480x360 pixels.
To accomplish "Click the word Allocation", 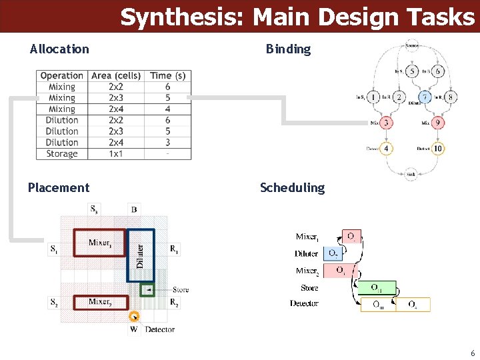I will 59,49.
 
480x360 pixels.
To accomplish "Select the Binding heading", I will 288,49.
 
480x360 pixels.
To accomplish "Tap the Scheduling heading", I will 292,188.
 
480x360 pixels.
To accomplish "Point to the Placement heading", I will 59,188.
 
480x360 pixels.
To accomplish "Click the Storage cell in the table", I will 62,154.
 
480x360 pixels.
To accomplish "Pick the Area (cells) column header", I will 116,76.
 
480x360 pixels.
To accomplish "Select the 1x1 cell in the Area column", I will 116,154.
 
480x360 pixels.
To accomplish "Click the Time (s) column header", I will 168,76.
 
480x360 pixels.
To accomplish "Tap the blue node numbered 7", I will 425,97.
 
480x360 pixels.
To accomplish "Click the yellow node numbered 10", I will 438,148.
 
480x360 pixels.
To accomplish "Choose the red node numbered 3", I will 386,123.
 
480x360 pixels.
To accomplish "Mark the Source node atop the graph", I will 411,45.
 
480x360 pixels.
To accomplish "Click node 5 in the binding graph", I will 413,71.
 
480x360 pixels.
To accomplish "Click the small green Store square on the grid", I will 148,289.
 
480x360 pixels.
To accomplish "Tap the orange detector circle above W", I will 135,317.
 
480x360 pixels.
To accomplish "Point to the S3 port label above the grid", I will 94,209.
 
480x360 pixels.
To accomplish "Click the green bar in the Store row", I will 376,288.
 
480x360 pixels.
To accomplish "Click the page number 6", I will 472,353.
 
